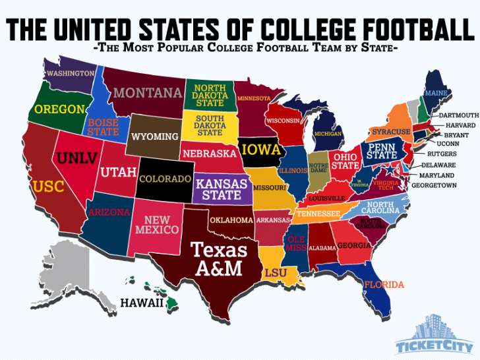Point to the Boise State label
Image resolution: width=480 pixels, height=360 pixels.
coord(103,127)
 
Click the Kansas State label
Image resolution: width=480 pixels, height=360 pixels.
coord(222,189)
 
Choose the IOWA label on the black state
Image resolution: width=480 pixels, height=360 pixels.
coord(261,150)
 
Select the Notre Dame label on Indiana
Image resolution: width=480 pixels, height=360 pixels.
coord(319,167)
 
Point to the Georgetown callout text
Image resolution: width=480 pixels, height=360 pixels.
coord(433,185)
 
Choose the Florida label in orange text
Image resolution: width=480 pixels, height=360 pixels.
coord(384,285)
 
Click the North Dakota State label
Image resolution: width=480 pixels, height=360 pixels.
coord(210,96)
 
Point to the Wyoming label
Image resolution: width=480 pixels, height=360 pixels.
coord(155,136)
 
